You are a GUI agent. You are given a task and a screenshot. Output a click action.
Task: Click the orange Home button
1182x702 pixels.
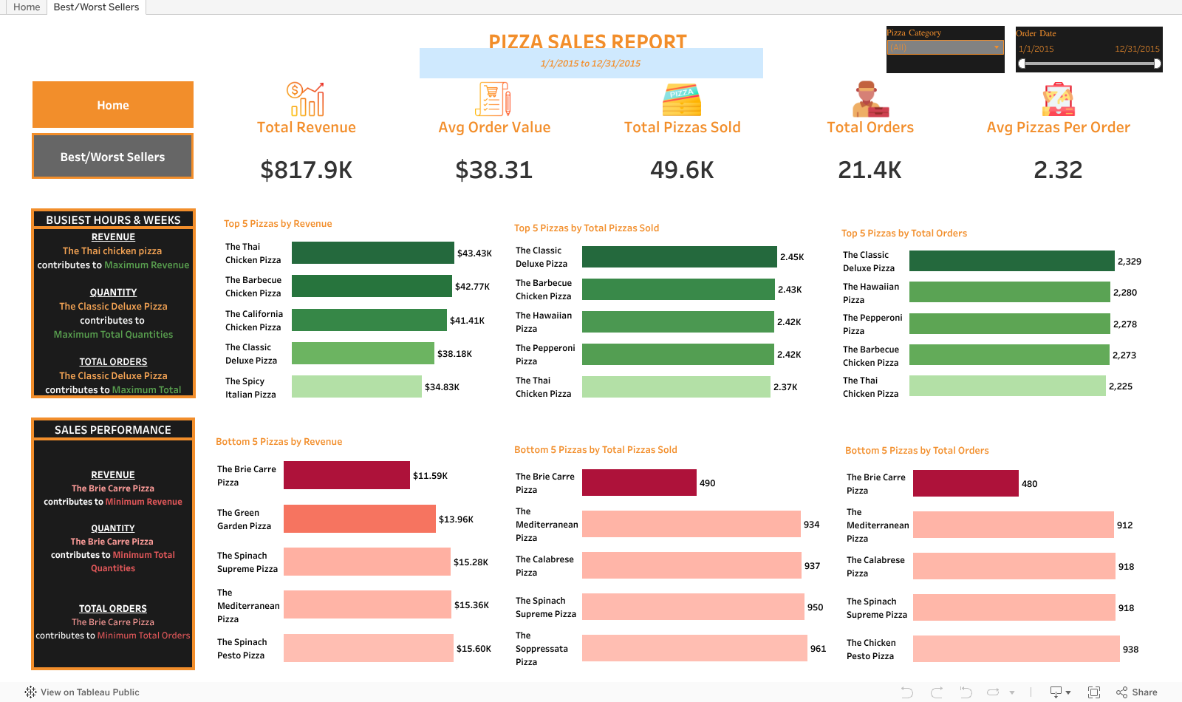pyautogui.click(x=113, y=105)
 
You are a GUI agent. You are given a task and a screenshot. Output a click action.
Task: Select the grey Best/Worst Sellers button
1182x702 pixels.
pyautogui.click(x=113, y=157)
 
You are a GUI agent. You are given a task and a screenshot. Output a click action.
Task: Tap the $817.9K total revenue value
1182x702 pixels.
pyautogui.click(x=306, y=170)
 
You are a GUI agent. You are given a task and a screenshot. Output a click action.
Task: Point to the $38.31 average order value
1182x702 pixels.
pyautogui.click(x=493, y=170)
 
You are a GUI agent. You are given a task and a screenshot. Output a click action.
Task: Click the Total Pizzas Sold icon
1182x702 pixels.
pyautogui.click(x=682, y=100)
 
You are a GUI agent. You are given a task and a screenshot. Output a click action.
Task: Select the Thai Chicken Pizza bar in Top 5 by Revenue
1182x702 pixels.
pyautogui.click(x=372, y=253)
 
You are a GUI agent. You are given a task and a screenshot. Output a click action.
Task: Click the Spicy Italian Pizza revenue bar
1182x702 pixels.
pyautogui.click(x=356, y=386)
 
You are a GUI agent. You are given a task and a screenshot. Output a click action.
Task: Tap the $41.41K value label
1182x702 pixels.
pyautogui.click(x=468, y=321)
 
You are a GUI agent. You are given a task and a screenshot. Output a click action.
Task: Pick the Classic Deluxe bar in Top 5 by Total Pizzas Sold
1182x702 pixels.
pyautogui.click(x=679, y=256)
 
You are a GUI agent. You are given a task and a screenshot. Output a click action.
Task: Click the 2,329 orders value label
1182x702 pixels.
pyautogui.click(x=1129, y=262)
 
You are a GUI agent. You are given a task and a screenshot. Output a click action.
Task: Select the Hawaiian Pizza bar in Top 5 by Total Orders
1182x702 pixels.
pyautogui.click(x=1009, y=292)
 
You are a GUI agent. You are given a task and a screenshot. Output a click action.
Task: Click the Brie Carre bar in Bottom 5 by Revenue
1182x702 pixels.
pyautogui.click(x=346, y=475)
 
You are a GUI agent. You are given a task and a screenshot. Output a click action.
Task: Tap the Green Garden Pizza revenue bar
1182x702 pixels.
pyautogui.click(x=359, y=519)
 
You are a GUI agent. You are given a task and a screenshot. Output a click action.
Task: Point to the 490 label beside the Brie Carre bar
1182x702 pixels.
pyautogui.click(x=707, y=483)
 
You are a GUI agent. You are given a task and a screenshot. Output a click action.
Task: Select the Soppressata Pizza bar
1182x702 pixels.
pyautogui.click(x=694, y=648)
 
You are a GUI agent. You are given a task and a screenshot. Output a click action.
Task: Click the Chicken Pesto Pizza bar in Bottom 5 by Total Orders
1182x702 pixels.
pyautogui.click(x=1016, y=649)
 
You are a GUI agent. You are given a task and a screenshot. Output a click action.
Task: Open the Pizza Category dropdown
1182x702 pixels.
pyautogui.click(x=945, y=47)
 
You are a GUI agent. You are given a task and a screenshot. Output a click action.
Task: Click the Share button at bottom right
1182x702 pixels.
pyautogui.click(x=1137, y=692)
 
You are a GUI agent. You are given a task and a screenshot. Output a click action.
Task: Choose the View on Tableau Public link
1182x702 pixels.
pyautogui.click(x=82, y=692)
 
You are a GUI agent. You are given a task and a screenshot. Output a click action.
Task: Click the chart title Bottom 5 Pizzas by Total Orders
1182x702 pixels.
pyautogui.click(x=916, y=450)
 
